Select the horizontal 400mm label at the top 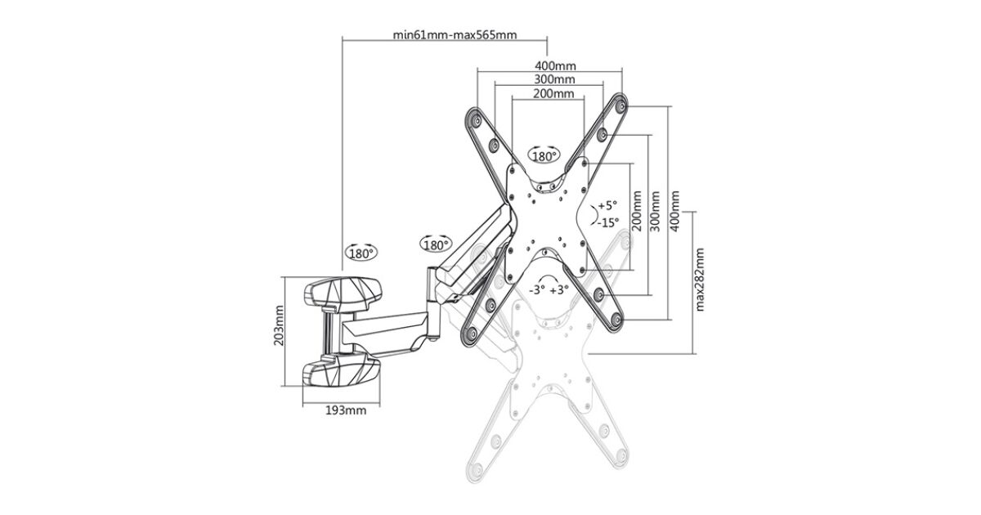point(555,65)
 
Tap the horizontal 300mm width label point(554,79)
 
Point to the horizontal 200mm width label point(553,94)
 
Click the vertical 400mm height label point(675,212)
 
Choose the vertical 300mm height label point(655,212)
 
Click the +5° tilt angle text point(607,205)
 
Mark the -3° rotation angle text point(536,289)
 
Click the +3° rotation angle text point(559,289)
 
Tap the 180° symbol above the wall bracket point(361,253)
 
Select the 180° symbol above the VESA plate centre point(544,155)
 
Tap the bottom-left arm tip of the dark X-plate point(472,335)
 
